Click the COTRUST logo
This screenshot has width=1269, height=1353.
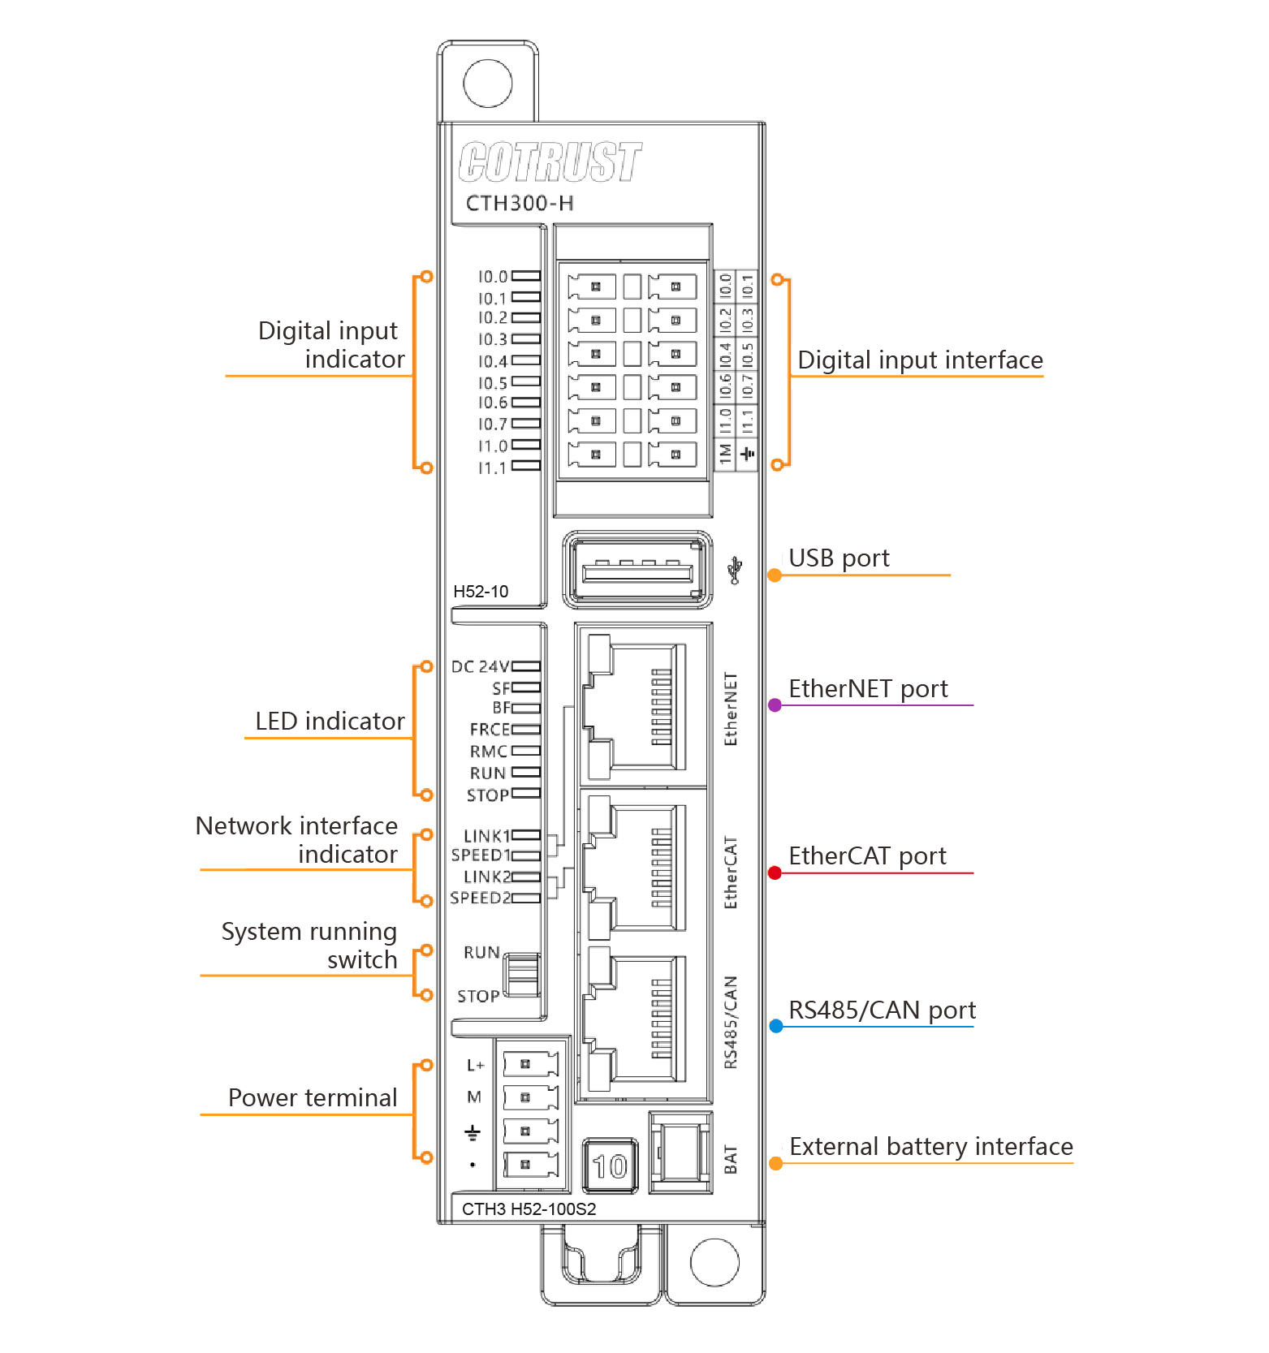(x=550, y=162)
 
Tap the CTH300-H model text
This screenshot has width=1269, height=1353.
(x=520, y=203)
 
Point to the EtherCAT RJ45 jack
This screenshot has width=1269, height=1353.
(x=638, y=867)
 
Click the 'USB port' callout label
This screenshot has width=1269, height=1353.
(x=839, y=558)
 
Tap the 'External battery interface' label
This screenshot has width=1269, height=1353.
(x=930, y=1147)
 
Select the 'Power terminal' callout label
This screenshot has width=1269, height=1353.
(x=313, y=1098)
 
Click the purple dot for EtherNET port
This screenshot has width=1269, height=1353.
(x=775, y=705)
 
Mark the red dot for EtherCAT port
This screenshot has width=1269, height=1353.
(x=775, y=873)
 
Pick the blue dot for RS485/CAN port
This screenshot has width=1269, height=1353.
(x=776, y=1027)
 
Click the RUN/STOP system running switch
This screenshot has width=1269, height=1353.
(x=522, y=975)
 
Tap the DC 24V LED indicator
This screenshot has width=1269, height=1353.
(x=526, y=666)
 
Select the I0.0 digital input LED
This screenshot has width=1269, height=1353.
(x=526, y=277)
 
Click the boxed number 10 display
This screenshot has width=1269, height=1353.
(x=611, y=1166)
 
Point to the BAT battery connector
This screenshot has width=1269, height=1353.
(x=680, y=1153)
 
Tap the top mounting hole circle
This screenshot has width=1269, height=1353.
(x=488, y=83)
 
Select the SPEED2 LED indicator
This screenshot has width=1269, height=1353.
(x=526, y=898)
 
